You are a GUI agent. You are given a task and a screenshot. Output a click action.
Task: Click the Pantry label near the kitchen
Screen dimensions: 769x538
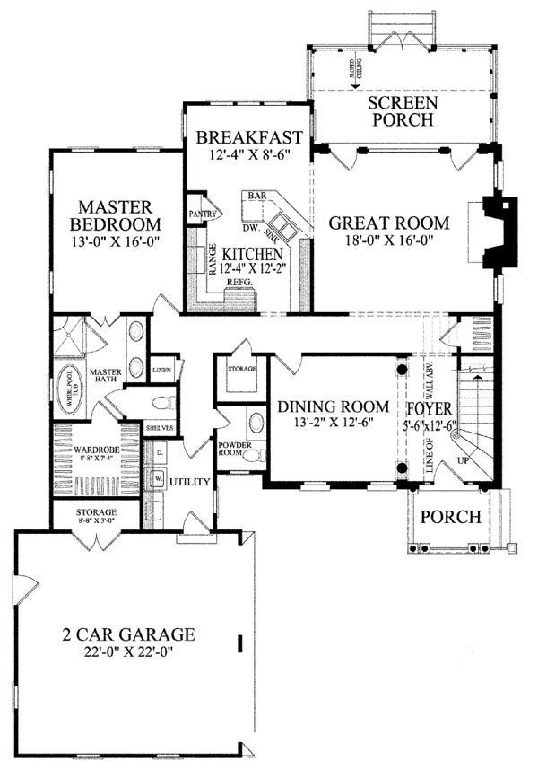tap(199, 214)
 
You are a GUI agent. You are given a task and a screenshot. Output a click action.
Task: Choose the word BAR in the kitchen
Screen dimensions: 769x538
tap(259, 194)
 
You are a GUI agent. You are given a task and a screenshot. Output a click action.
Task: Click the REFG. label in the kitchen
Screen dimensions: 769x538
tap(239, 282)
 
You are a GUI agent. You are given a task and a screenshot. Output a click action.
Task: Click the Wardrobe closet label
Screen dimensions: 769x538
tap(96, 441)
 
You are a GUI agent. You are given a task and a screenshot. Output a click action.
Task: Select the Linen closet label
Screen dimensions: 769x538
tap(161, 369)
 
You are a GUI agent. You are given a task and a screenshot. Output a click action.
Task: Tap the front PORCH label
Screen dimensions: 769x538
tap(452, 518)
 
